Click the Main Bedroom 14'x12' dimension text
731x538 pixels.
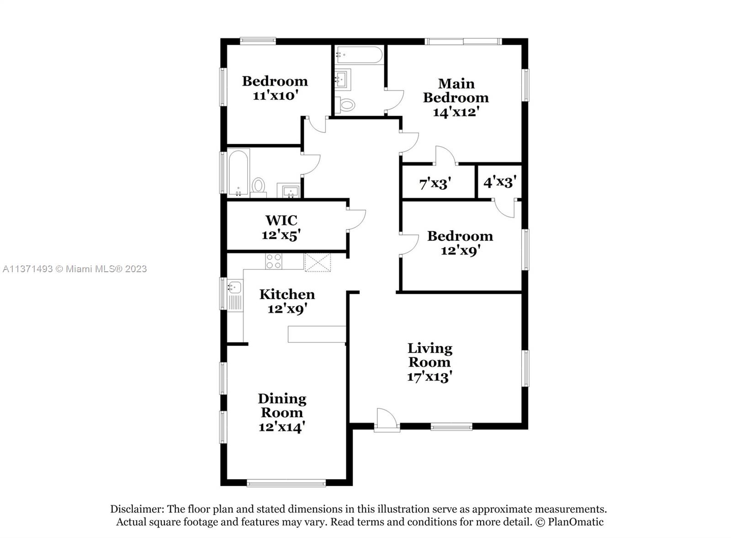pyautogui.click(x=456, y=112)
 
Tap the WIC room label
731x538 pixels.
pyautogui.click(x=281, y=220)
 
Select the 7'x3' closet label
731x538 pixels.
pyautogui.click(x=435, y=184)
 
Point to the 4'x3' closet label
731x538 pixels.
pyautogui.click(x=500, y=182)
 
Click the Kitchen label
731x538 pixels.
pyautogui.click(x=287, y=294)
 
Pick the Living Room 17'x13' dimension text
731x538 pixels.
pyautogui.click(x=429, y=377)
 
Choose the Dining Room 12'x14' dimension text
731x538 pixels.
pyautogui.click(x=282, y=427)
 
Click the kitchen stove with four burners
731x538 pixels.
pyautogui.click(x=274, y=261)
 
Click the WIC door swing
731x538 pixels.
pyautogui.click(x=356, y=221)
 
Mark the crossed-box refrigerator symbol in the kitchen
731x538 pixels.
pyautogui.click(x=318, y=262)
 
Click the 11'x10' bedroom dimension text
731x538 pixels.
pyautogui.click(x=276, y=95)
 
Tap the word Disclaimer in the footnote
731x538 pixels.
pyautogui.click(x=137, y=509)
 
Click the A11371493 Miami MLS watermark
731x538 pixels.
pyautogui.click(x=75, y=269)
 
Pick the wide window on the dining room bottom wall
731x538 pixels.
pyautogui.click(x=286, y=483)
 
